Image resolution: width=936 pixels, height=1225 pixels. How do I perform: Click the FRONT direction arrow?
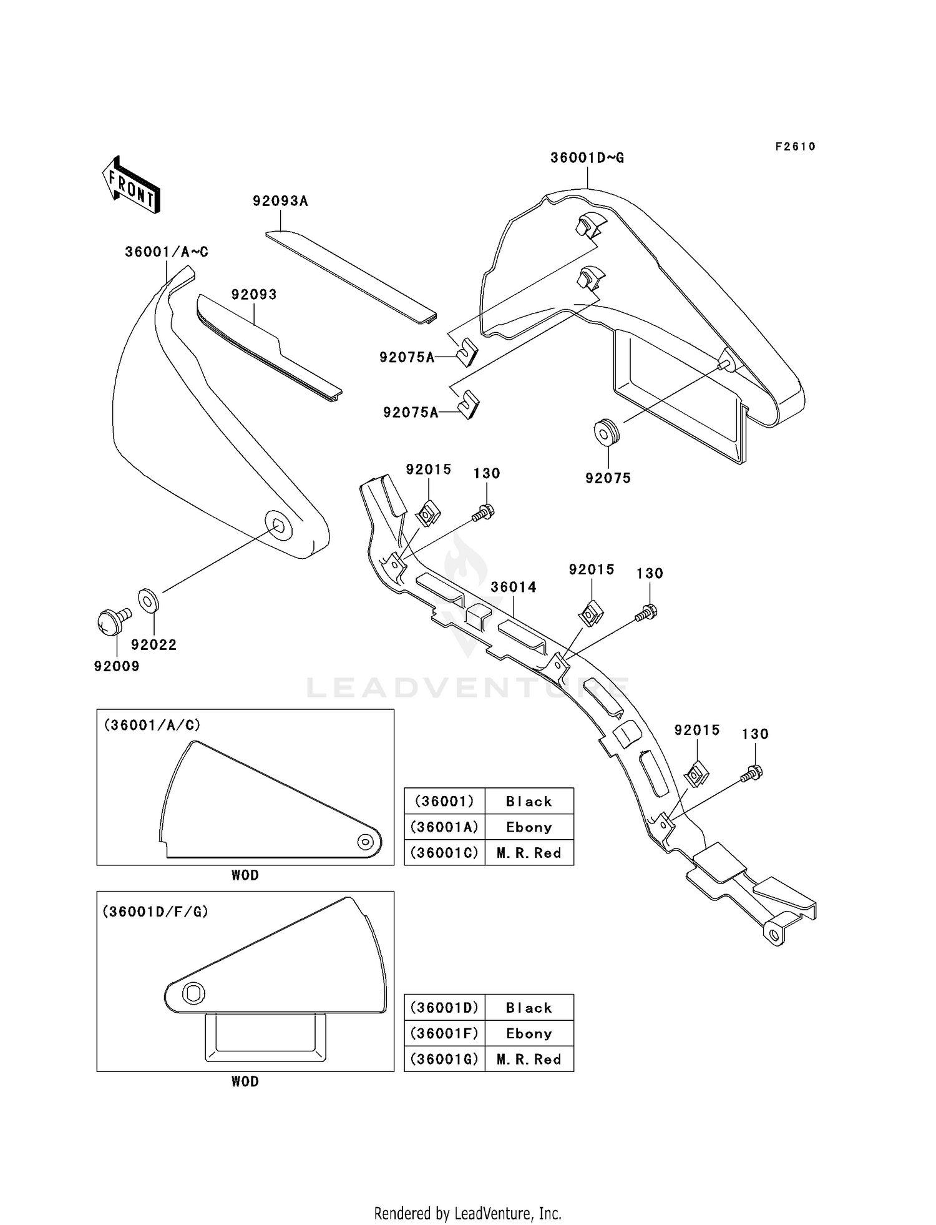[x=131, y=186]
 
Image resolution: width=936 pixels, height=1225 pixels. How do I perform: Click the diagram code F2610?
[x=795, y=147]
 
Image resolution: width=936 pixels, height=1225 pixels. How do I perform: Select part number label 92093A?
[x=280, y=201]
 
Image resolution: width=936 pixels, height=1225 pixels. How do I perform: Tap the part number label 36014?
[x=514, y=587]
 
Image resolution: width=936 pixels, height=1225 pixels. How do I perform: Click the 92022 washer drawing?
[x=149, y=601]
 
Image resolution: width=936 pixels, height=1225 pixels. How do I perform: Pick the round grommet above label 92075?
[x=607, y=432]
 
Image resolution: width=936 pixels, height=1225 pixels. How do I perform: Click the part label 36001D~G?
[x=587, y=158]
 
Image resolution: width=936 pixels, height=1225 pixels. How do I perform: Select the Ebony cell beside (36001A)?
[x=529, y=827]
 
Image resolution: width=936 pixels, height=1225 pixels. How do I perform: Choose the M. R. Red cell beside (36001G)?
[x=529, y=1059]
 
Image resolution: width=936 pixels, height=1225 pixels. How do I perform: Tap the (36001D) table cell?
[x=444, y=1008]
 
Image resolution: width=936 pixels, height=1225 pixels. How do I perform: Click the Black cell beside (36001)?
[x=529, y=802]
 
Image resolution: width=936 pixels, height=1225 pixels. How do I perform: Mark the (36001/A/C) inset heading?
[x=152, y=725]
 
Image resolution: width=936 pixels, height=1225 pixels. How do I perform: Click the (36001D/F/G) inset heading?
[x=155, y=912]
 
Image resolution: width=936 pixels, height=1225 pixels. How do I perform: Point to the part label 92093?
[x=254, y=295]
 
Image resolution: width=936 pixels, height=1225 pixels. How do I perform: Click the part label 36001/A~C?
[x=167, y=252]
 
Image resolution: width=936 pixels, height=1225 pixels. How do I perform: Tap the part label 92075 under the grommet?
[x=608, y=478]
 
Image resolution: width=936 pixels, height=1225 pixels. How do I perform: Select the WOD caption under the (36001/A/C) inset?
[x=245, y=875]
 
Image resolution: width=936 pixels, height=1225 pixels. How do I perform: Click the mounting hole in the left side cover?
[x=278, y=525]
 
